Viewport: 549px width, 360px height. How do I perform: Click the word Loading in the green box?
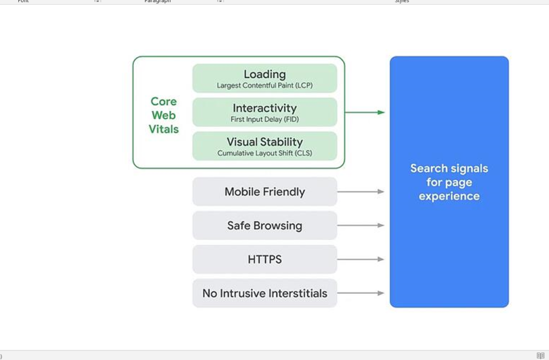click(x=264, y=74)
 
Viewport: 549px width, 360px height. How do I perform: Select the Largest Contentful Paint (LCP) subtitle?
click(x=264, y=86)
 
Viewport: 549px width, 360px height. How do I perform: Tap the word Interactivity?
click(x=264, y=108)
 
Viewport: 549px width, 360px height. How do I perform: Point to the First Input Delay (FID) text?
click(x=264, y=120)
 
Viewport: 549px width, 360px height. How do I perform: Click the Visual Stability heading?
click(x=264, y=142)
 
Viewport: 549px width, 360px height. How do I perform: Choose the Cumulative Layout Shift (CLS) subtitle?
click(x=264, y=153)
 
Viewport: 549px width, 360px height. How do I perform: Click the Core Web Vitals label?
click(x=164, y=115)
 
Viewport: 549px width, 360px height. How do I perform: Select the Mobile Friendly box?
click(x=264, y=192)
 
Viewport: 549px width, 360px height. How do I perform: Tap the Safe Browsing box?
click(x=264, y=225)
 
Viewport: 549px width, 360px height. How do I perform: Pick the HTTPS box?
click(x=264, y=259)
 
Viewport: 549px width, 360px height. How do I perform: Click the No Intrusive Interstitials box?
click(x=264, y=293)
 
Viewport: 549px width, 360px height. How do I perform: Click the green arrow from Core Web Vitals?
click(x=365, y=112)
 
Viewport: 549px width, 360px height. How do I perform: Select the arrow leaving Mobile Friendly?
click(x=360, y=192)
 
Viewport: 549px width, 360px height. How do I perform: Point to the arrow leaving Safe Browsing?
click(x=360, y=225)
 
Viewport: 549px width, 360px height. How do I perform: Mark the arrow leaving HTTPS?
click(x=360, y=259)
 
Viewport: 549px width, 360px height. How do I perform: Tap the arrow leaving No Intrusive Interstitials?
click(x=360, y=293)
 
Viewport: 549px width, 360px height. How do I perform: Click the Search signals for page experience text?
click(x=449, y=182)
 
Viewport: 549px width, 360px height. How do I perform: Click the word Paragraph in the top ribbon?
click(x=157, y=2)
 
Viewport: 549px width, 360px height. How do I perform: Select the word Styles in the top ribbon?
click(x=402, y=2)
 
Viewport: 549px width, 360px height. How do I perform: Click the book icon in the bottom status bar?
click(x=540, y=355)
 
